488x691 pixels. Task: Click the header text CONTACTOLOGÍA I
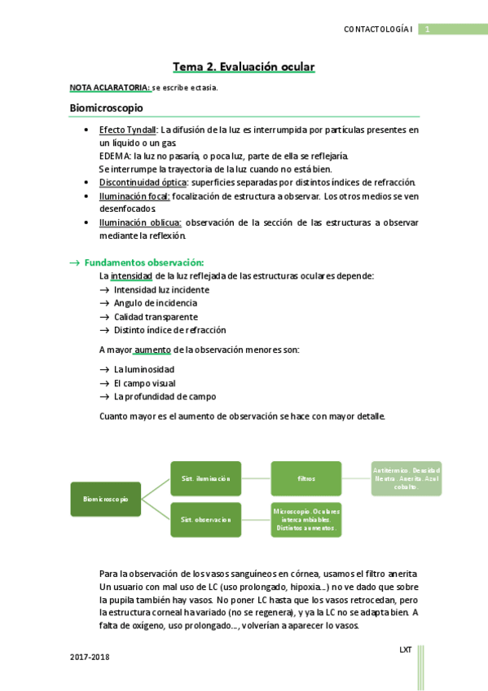coord(380,29)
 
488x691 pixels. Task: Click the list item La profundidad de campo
coord(165,396)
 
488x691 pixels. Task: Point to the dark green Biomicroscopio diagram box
coord(105,499)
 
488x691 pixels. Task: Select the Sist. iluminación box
coord(205,478)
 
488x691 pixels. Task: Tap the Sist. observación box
coord(205,519)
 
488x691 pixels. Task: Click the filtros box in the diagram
coord(306,478)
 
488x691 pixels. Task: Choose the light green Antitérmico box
coord(407,478)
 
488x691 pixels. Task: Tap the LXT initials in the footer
coord(405,649)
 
